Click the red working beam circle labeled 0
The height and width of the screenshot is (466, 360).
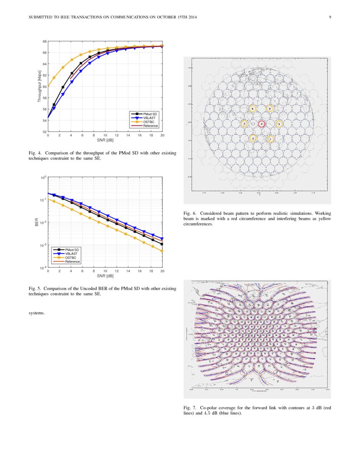tap(262, 124)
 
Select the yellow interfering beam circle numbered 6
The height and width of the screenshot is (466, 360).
tap(252, 108)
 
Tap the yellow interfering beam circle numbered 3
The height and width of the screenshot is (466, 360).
tap(279, 124)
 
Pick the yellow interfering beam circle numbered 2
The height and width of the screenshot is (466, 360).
tap(253, 138)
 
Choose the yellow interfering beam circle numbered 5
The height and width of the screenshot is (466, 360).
tap(270, 108)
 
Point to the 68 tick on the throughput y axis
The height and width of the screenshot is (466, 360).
tap(44, 42)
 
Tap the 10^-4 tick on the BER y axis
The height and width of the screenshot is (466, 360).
tap(42, 268)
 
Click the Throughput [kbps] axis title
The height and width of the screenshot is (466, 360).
tap(39, 86)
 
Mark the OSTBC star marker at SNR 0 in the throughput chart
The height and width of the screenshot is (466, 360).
tap(48, 86)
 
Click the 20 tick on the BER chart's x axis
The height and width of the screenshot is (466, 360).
tap(162, 271)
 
